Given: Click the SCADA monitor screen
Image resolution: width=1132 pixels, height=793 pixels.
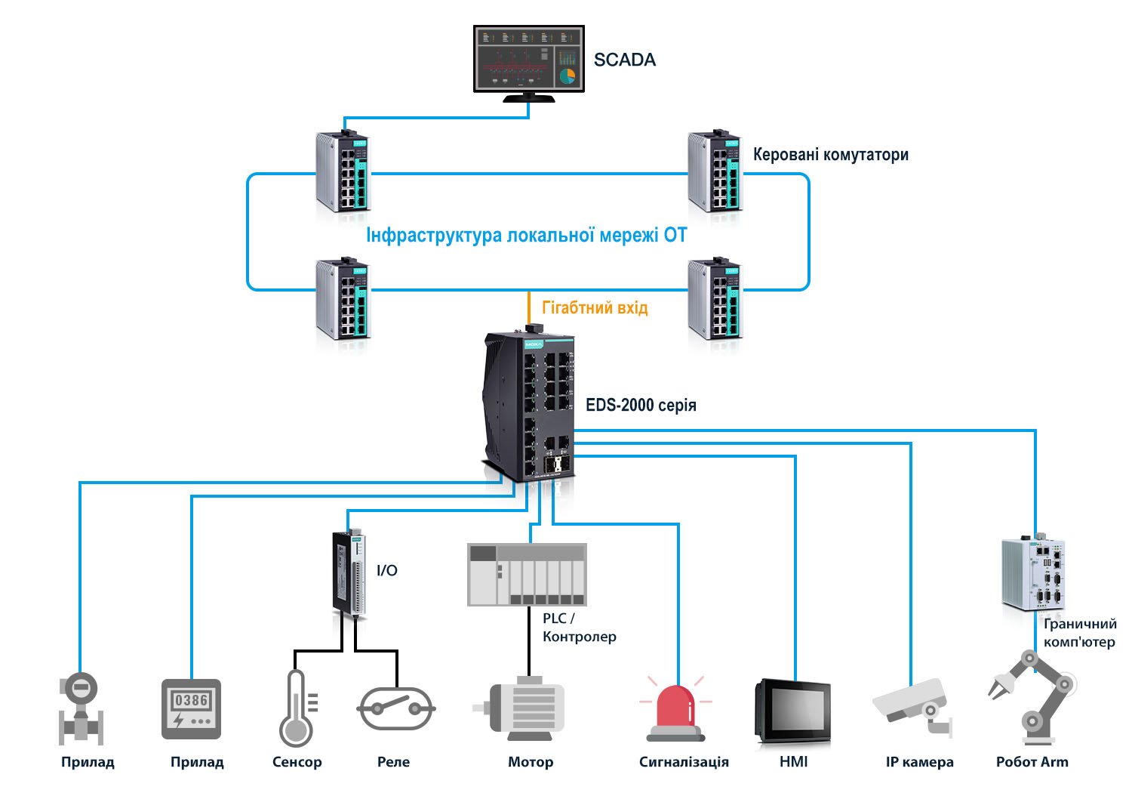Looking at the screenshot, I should tap(528, 59).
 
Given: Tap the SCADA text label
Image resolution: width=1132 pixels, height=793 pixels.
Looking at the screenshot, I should tap(624, 60).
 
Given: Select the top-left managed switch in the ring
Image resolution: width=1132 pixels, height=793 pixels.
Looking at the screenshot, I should tap(343, 172).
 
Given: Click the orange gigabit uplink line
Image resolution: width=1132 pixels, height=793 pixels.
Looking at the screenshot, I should tap(528, 307).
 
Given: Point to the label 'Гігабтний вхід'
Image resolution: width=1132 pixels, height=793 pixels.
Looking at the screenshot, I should tap(595, 307).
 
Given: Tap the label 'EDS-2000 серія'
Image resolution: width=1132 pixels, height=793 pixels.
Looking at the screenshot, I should tap(641, 406).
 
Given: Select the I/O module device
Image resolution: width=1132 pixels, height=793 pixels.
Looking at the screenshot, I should tap(349, 572).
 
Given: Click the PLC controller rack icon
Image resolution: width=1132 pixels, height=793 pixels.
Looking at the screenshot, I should tap(527, 575).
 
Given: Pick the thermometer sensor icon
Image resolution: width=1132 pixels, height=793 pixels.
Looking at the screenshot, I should tap(297, 708).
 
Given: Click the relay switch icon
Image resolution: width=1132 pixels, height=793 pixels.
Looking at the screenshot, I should tap(395, 708).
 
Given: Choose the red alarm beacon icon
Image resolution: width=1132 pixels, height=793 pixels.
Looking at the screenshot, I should tap(675, 711).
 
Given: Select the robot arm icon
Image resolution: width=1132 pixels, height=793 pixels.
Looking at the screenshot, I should tap(1032, 696).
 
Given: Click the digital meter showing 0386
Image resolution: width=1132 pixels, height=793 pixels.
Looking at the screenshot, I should tap(191, 708).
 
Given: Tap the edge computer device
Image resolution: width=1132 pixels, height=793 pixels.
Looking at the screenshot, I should tap(1032, 575).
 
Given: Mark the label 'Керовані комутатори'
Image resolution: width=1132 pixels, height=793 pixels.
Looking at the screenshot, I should tap(830, 155).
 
